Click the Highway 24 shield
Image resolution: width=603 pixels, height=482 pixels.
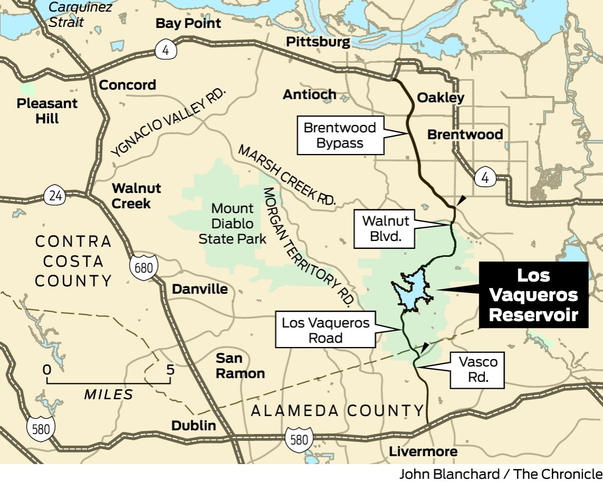(55, 196)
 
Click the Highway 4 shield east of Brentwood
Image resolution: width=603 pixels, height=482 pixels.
(484, 177)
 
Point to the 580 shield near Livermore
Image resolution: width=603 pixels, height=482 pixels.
(299, 439)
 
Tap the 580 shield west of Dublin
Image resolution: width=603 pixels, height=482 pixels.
(41, 428)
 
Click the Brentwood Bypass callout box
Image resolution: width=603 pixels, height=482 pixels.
(340, 136)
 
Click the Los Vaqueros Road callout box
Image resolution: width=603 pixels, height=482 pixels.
(326, 330)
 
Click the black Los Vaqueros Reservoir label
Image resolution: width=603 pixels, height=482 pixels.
(533, 295)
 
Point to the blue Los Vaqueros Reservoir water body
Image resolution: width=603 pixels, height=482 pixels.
(412, 293)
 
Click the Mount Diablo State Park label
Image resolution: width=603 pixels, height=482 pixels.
(232, 224)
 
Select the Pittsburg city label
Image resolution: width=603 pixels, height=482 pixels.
(318, 42)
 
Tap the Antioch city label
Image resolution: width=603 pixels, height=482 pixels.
(309, 94)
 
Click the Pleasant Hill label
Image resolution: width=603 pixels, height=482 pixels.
(47, 111)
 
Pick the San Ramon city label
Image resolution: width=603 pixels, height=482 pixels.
(240, 366)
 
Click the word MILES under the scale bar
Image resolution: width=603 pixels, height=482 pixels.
(109, 394)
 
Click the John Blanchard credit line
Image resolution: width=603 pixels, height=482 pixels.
(500, 474)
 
